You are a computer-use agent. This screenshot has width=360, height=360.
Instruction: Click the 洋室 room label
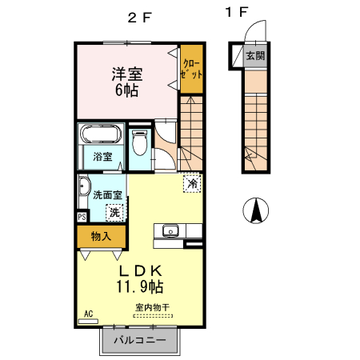coord(126,74)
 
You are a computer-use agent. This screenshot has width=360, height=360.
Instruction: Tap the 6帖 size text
coord(126,90)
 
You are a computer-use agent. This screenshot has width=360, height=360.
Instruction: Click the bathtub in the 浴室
coord(101,134)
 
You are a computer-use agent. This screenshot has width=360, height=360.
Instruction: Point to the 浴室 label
coord(102,157)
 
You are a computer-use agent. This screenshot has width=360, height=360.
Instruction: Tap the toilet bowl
coord(139,144)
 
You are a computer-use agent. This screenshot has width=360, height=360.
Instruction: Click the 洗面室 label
coord(106,194)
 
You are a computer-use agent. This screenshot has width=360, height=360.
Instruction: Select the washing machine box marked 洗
coord(115,212)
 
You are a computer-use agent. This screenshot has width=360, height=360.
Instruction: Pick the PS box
coord(82,216)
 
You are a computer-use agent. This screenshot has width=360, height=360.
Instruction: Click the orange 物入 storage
coord(101,236)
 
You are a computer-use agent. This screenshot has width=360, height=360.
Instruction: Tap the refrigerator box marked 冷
coord(191,183)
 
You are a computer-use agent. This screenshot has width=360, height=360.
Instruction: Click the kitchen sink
coord(170,231)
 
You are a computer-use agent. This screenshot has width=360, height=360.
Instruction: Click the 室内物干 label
coord(151,306)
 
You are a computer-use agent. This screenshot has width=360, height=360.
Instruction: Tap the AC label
coord(89,314)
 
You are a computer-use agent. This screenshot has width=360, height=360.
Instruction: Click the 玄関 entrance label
coord(254,56)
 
